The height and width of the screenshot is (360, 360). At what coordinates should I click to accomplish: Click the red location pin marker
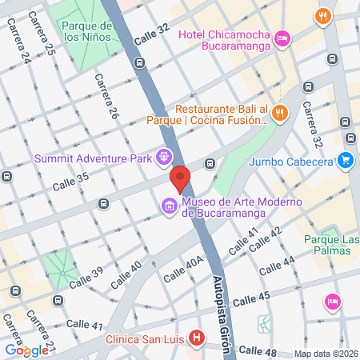[180, 179]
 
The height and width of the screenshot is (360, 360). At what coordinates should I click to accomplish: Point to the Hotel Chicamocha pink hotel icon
[282, 38]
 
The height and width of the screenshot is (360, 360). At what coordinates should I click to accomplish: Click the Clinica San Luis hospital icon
[196, 338]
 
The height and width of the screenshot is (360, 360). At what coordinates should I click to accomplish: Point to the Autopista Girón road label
[222, 307]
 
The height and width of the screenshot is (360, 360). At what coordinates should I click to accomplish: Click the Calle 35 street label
[69, 185]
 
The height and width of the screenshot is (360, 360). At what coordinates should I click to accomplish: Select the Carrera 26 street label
[106, 98]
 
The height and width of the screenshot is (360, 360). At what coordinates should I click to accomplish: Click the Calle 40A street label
[184, 269]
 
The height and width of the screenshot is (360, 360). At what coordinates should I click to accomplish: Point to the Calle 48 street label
[257, 350]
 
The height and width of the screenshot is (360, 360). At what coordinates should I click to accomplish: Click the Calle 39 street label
[86, 280]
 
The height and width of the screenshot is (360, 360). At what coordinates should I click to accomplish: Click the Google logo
[26, 350]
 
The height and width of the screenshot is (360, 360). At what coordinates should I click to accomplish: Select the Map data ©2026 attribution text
[325, 354]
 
